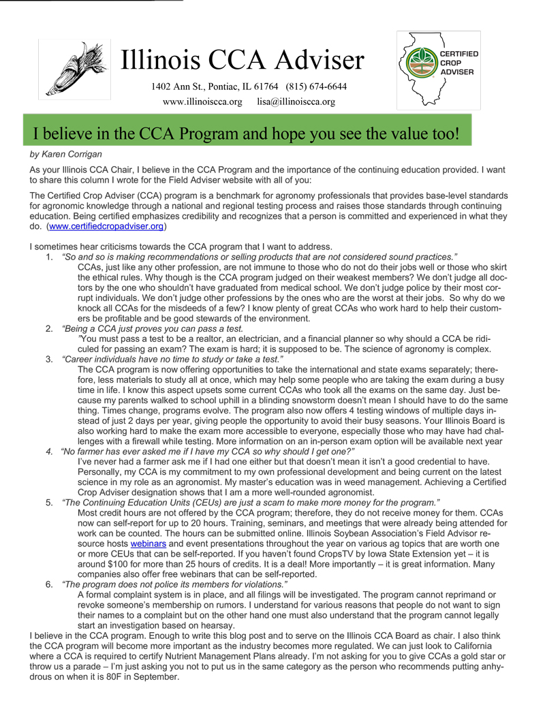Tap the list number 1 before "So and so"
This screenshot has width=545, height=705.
[x=49, y=256]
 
